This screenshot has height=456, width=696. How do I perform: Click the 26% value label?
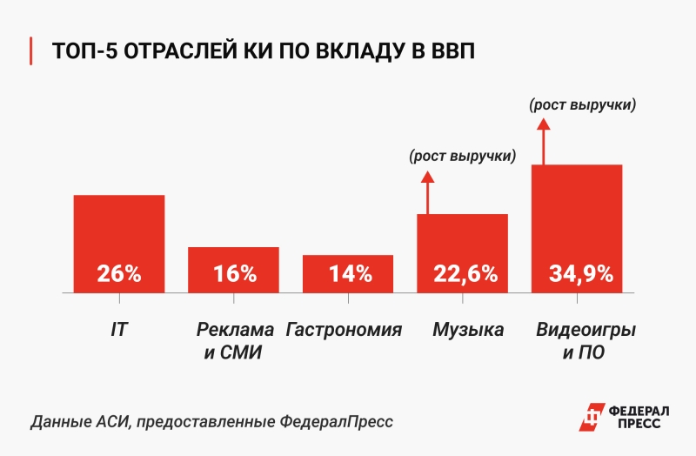click(x=119, y=273)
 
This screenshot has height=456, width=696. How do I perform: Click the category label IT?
click(x=118, y=331)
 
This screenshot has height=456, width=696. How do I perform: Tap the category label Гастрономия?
click(x=345, y=331)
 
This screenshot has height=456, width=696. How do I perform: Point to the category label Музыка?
click(x=468, y=331)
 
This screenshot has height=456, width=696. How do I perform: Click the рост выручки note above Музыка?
click(x=462, y=158)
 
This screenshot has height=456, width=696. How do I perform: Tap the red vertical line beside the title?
click(x=32, y=50)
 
